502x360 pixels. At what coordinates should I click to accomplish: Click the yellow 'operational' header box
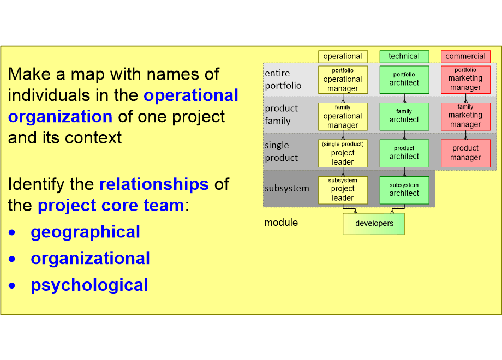(343, 56)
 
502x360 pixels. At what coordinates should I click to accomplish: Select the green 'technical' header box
(404, 56)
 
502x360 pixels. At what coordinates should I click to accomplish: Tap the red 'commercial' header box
(465, 56)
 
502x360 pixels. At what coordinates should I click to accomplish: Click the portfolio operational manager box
(343, 80)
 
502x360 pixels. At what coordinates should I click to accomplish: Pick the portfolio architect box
(404, 80)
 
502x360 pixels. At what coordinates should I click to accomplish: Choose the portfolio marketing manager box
(465, 80)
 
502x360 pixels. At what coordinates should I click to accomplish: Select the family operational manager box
(343, 116)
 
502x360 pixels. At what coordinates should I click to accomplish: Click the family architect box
(404, 116)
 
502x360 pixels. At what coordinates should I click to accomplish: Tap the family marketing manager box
(465, 116)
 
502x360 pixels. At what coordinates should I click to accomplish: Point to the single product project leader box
(343, 153)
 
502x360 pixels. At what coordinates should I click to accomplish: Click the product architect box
(404, 153)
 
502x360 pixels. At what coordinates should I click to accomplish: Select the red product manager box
(465, 153)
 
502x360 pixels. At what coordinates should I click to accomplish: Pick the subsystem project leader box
(343, 189)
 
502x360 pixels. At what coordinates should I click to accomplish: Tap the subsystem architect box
(404, 189)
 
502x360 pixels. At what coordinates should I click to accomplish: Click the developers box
(374, 224)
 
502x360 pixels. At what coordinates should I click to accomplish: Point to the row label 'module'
(281, 223)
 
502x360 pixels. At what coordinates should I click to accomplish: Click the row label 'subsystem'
(286, 189)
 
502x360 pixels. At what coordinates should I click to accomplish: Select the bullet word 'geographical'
(85, 232)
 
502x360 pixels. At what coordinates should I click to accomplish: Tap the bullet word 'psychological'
(89, 285)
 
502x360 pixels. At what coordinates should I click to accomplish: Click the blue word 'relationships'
(154, 184)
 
